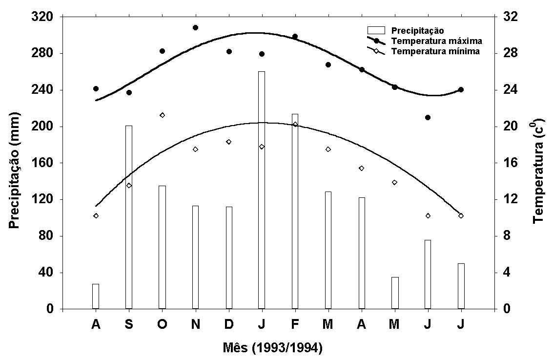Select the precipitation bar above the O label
click(162, 247)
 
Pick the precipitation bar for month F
click(295, 211)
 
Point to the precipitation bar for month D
click(229, 257)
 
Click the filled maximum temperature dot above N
click(195, 27)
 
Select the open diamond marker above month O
click(162, 115)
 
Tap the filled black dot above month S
click(129, 92)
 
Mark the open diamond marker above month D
click(229, 142)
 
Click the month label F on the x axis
click(295, 324)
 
